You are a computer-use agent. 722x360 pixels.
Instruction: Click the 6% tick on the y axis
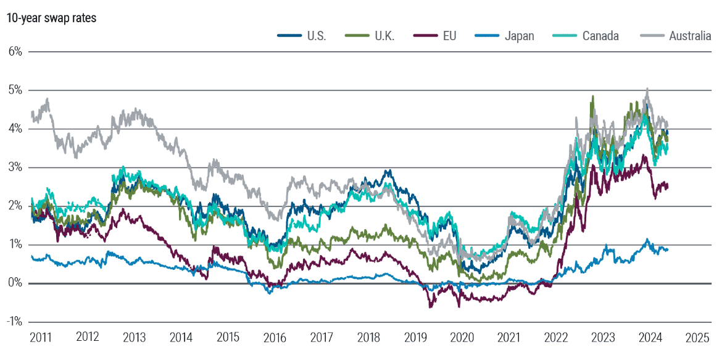[15, 51]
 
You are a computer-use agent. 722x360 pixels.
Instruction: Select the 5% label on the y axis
[15, 90]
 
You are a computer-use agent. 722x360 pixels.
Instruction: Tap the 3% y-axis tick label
[15, 167]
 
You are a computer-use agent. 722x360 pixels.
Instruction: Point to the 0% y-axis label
[15, 283]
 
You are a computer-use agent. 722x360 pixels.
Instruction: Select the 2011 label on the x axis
[41, 338]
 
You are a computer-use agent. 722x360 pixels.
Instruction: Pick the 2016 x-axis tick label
[275, 338]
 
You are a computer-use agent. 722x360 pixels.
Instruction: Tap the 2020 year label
[462, 338]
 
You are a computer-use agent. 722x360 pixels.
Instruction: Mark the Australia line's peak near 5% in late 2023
[647, 89]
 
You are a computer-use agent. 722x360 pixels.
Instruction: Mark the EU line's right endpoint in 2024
[668, 186]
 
